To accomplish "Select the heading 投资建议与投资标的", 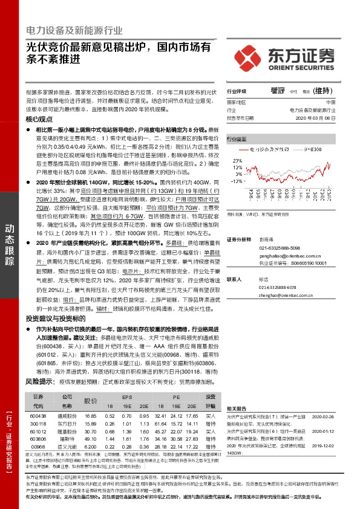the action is point(56,318).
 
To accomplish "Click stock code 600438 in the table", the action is point(38,417).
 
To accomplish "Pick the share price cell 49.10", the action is point(91,438).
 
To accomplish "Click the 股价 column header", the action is point(91,401).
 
